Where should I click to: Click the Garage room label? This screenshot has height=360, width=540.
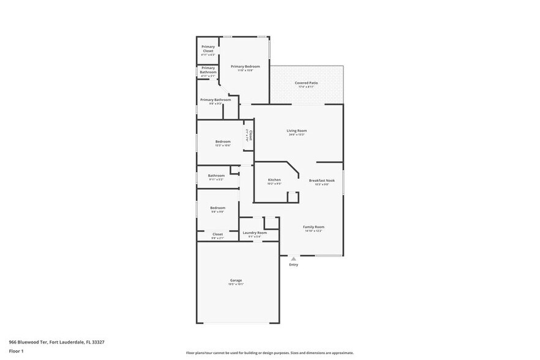(236, 280)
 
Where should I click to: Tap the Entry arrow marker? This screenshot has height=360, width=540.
(293, 259)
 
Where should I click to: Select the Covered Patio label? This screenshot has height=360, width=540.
(307, 83)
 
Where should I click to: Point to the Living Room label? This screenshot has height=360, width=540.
(297, 130)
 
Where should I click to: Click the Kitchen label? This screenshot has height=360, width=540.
(274, 180)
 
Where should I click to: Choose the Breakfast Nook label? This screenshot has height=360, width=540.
(321, 181)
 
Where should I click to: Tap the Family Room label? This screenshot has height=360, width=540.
(313, 227)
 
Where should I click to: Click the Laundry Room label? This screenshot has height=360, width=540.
(255, 233)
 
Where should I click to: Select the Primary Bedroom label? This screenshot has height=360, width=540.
(245, 66)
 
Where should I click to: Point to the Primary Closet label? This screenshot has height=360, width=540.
(208, 49)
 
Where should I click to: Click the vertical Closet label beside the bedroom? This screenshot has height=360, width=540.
(250, 135)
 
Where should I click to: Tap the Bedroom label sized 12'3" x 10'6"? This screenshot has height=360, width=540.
(222, 141)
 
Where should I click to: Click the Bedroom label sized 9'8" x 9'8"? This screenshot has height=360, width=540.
(217, 208)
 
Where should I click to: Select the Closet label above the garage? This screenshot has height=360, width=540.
(217, 234)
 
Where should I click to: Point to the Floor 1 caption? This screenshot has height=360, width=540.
(16, 351)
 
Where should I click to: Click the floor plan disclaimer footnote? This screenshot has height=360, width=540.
(269, 353)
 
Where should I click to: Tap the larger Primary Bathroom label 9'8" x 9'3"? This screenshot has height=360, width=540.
(216, 100)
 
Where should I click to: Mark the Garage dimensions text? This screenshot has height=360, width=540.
(236, 285)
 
